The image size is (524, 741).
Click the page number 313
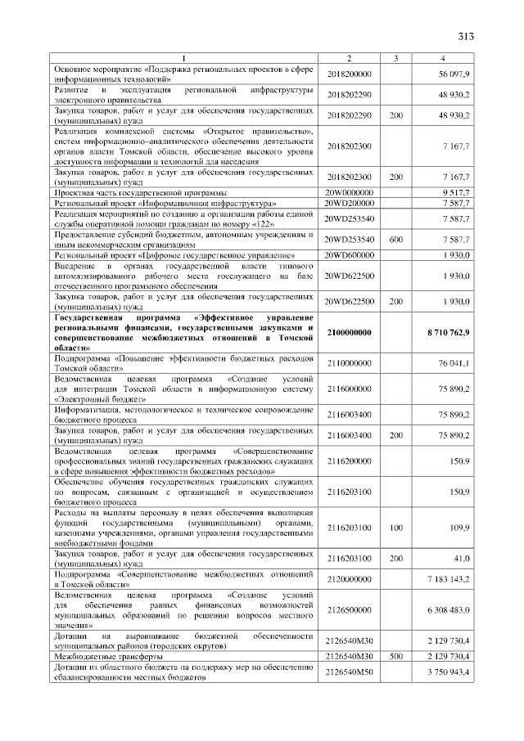pyautogui.click(x=466, y=35)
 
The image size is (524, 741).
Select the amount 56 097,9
pyautogui.click(x=454, y=74)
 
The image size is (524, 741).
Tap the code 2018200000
pyautogui.click(x=349, y=74)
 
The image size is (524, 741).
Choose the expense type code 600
pyautogui.click(x=396, y=240)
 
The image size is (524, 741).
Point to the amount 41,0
pyautogui.click(x=461, y=559)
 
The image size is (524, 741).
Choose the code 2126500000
pyautogui.click(x=349, y=610)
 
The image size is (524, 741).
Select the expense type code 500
pyautogui.click(x=396, y=656)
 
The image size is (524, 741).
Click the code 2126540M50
pyautogui.click(x=349, y=672)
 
